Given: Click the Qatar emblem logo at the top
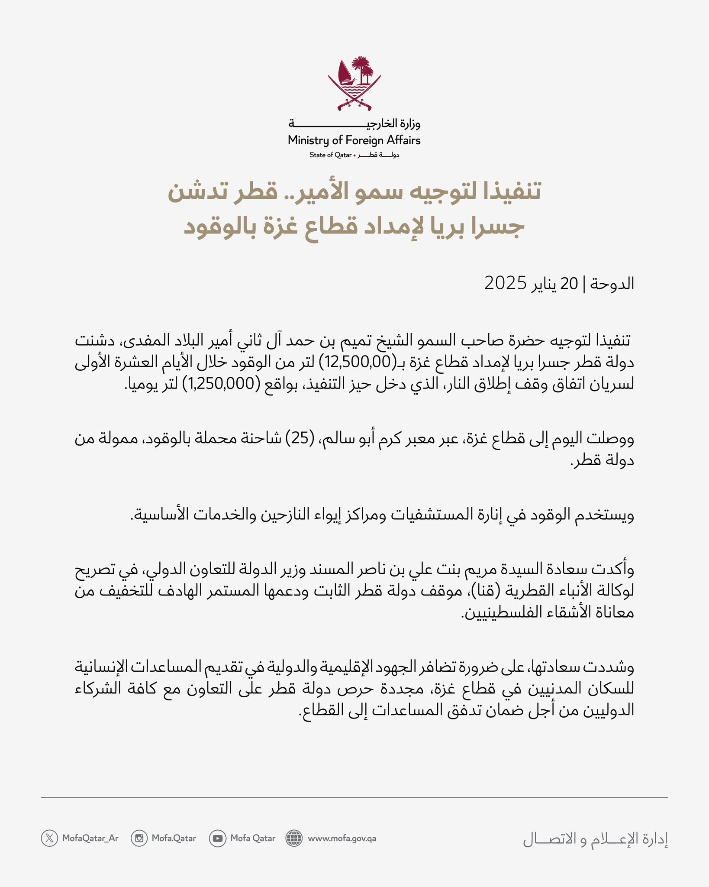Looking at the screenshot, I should (354, 83).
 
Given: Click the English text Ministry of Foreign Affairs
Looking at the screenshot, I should (354, 140).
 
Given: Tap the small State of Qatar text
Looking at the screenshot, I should (330, 155).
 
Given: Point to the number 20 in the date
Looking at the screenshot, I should (569, 284).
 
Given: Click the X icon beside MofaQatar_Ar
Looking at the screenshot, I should (49, 838).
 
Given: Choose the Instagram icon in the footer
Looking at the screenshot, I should (139, 838).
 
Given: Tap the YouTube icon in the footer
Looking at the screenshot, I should (217, 838).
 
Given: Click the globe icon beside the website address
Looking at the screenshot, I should (294, 838).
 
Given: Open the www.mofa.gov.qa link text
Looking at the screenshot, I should (342, 838).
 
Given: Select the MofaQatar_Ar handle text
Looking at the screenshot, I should (90, 838).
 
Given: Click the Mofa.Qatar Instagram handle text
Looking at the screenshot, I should (174, 838).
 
